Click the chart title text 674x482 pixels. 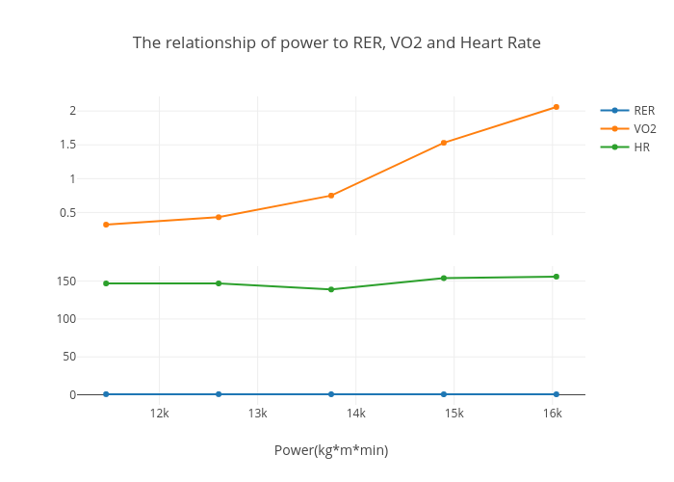point(336,43)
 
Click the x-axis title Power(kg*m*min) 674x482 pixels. point(331,450)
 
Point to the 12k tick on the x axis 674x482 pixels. point(159,414)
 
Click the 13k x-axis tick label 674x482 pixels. point(257,414)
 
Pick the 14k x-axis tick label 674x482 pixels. point(355,414)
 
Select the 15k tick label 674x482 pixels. point(454,414)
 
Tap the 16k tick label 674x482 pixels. point(552,414)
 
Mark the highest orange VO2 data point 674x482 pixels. point(556,107)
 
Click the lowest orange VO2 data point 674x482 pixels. point(106,225)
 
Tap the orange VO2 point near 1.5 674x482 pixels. point(444,143)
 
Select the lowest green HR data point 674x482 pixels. point(331,289)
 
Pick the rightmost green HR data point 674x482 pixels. point(556,277)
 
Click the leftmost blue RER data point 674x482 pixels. point(106,394)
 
